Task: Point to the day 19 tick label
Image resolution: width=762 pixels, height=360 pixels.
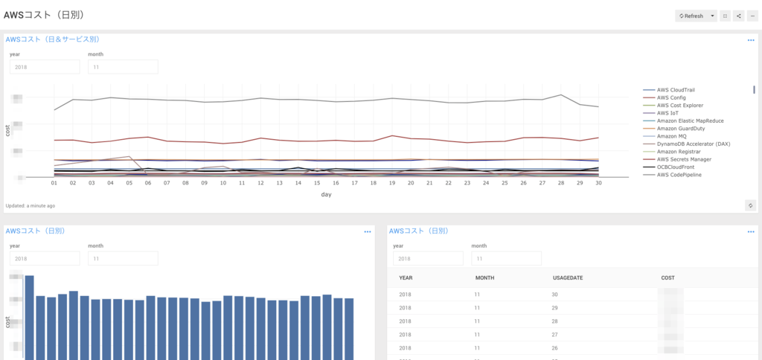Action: (x=392, y=182)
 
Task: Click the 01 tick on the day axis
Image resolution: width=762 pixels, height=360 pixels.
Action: (x=54, y=182)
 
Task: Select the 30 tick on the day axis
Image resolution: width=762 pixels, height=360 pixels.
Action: (x=598, y=182)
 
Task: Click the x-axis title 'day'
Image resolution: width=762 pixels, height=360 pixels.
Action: (x=326, y=194)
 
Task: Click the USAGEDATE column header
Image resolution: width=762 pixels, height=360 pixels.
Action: (x=567, y=278)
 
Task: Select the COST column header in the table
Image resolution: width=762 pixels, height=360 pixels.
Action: (x=668, y=278)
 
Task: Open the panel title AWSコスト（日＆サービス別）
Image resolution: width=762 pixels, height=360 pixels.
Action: (x=53, y=39)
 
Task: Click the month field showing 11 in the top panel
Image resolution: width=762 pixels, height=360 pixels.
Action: (x=123, y=67)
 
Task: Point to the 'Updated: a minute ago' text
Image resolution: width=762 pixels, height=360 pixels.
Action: (x=30, y=205)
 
